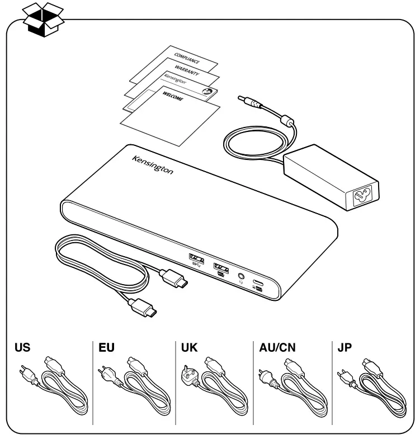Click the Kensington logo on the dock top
[153, 164]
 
